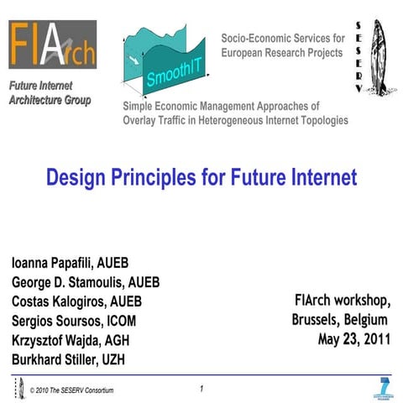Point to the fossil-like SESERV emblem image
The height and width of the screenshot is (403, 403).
tap(380, 56)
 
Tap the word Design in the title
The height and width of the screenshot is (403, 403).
tap(73, 178)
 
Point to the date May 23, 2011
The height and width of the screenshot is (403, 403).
tap(353, 340)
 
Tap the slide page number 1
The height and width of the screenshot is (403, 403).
tap(201, 389)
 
